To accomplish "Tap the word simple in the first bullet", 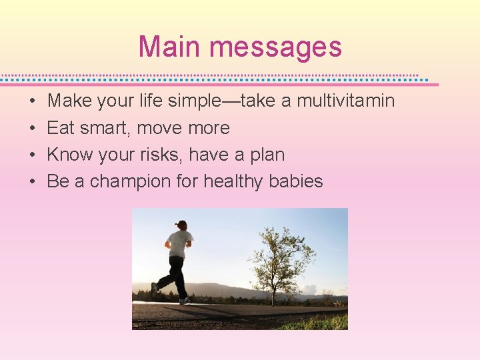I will tap(193, 101).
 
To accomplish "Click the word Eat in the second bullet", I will tap(60, 128).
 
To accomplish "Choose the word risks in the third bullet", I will tap(164, 155).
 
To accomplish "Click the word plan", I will tap(267, 155).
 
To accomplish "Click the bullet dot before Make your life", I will tap(32, 102).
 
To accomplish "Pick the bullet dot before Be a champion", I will tap(32, 182).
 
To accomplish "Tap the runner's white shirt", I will tap(180, 244).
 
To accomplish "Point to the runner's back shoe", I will tap(155, 290).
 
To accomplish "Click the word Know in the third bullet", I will tap(69, 155).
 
